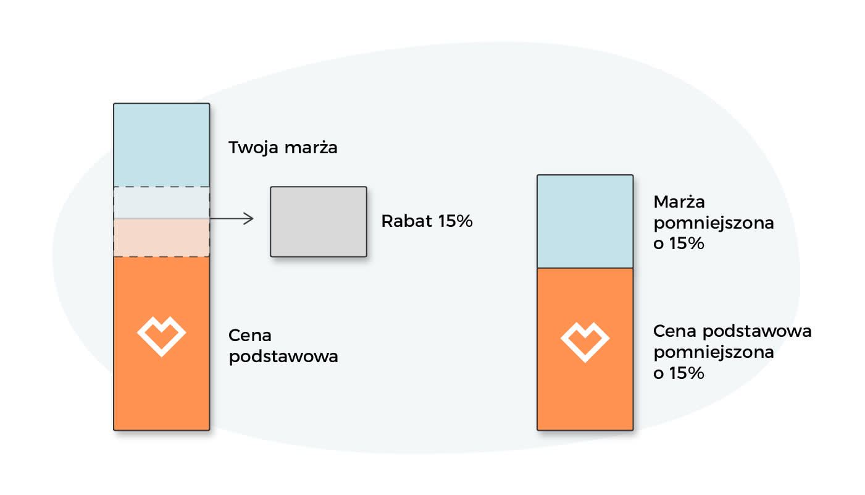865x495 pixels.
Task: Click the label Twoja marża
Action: click(283, 148)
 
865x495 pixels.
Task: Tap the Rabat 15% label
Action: click(427, 221)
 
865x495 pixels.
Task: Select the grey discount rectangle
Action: click(319, 222)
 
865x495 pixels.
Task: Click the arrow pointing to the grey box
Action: click(232, 219)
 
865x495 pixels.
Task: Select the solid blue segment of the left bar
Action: click(161, 145)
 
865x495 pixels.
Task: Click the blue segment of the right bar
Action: click(585, 221)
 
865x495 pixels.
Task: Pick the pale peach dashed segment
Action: click(161, 238)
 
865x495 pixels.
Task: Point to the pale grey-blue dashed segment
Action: click(161, 203)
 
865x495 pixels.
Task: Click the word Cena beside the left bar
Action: click(250, 336)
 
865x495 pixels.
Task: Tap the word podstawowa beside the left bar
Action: click(283, 357)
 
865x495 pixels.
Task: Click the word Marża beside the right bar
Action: click(679, 201)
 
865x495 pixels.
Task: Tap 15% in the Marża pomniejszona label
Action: click(687, 243)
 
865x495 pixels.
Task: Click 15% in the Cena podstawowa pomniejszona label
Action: click(687, 373)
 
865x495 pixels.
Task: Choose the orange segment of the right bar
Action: click(585, 349)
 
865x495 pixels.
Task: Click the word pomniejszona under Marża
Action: click(714, 223)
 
